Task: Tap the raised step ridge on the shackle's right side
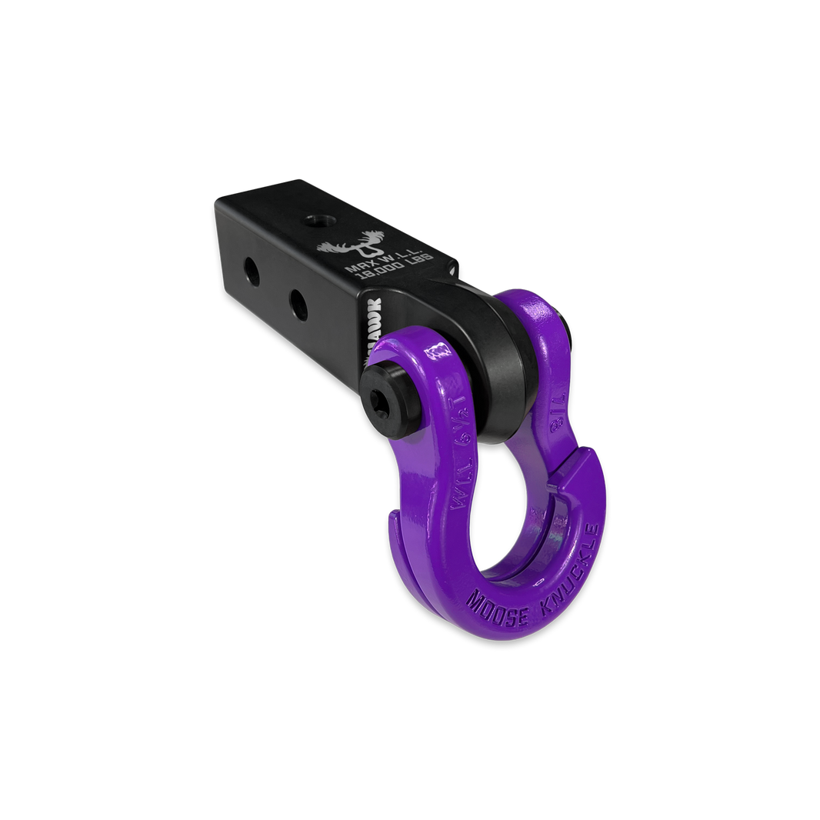(578, 469)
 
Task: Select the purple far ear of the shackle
(538, 323)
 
